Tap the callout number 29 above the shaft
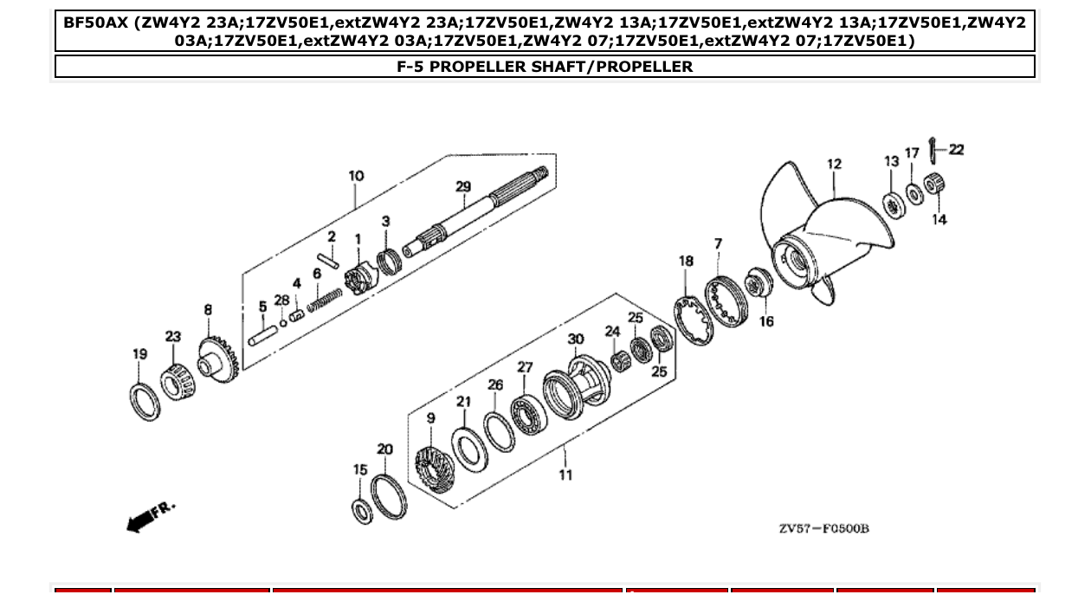[x=463, y=187]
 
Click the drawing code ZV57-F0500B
[x=823, y=528]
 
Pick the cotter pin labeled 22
[x=931, y=152]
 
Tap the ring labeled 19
[x=145, y=401]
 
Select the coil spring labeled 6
[x=324, y=300]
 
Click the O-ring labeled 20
[x=388, y=496]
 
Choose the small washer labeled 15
[x=363, y=511]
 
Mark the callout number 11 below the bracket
[x=565, y=475]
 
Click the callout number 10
[x=356, y=176]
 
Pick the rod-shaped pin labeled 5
[x=262, y=333]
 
